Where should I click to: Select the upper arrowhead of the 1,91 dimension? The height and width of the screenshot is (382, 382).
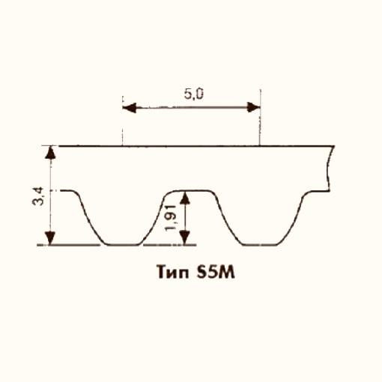[x=187, y=197]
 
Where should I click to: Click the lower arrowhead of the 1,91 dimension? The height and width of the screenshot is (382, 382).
[x=187, y=238]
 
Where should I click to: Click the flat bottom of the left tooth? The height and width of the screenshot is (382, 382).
[x=121, y=245]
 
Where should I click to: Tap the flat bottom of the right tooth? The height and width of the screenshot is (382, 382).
[x=258, y=245]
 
